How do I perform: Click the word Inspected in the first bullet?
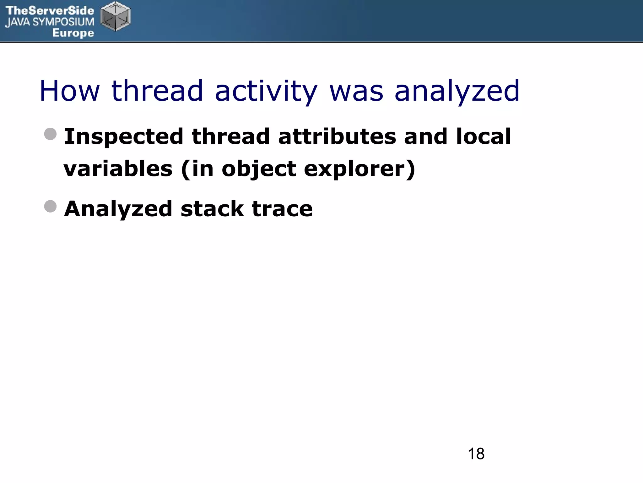click(x=124, y=137)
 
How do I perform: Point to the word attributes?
click(x=337, y=137)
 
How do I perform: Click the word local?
click(x=484, y=137)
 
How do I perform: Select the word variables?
click(x=118, y=169)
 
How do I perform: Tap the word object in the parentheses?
click(x=259, y=169)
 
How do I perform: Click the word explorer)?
click(x=360, y=169)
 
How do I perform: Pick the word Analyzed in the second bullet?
click(x=118, y=209)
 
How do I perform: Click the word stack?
click(x=212, y=209)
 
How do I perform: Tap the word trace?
click(x=282, y=209)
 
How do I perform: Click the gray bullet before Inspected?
click(x=50, y=134)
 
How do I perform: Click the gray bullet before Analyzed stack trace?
click(x=50, y=206)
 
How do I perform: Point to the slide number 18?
click(x=476, y=454)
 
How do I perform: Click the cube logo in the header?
click(x=116, y=16)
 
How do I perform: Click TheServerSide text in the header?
click(x=50, y=11)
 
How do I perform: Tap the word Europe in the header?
click(x=73, y=33)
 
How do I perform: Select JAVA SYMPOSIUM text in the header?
click(x=50, y=22)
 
